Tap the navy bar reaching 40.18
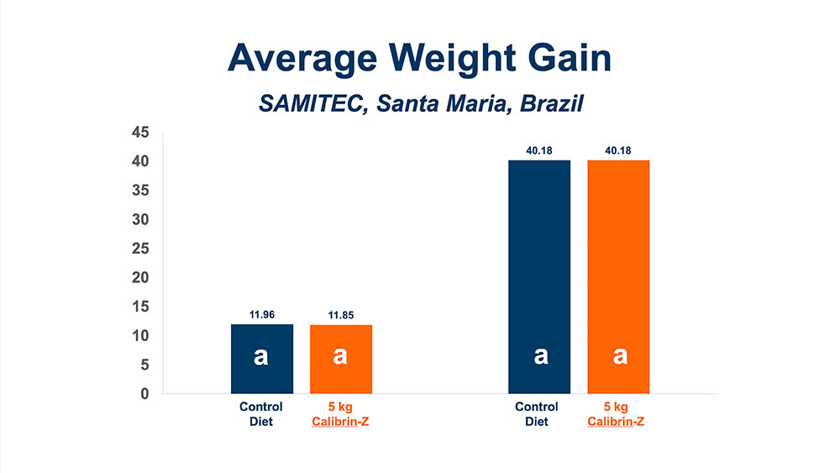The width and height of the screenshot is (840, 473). click(x=539, y=276)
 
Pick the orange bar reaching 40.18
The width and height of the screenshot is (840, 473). click(x=618, y=276)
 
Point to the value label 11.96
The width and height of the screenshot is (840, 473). click(x=261, y=315)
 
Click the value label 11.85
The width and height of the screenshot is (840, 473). click(x=340, y=315)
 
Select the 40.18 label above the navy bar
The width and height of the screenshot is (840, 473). click(x=539, y=151)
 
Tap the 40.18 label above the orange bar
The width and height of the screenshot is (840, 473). click(x=618, y=151)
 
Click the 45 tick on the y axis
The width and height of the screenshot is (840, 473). click(x=140, y=133)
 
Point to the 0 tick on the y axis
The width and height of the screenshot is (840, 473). click(x=144, y=393)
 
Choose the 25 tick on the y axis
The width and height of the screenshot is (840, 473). click(x=140, y=249)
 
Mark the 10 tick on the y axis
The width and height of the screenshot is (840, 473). click(x=140, y=336)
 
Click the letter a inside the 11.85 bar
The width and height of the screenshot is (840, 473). click(x=340, y=356)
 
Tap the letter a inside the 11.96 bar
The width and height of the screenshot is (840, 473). click(x=261, y=356)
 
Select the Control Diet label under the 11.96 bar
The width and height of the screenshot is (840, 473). click(x=261, y=413)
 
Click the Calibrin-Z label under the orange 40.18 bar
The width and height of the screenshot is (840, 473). click(x=618, y=420)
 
